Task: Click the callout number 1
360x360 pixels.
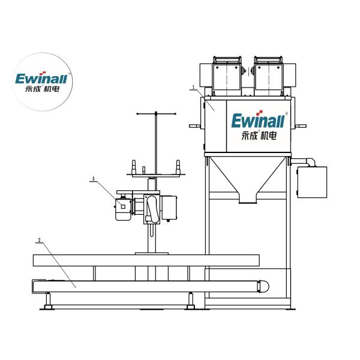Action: point(193,87)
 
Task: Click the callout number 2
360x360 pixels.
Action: point(39,240)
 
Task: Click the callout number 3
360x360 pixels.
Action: point(93,179)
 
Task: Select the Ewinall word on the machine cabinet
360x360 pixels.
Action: point(258,121)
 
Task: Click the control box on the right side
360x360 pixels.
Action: point(312,182)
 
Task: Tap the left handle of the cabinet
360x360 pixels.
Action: point(195,126)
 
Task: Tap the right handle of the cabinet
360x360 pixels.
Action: point(301,126)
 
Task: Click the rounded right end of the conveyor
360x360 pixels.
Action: point(263,286)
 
